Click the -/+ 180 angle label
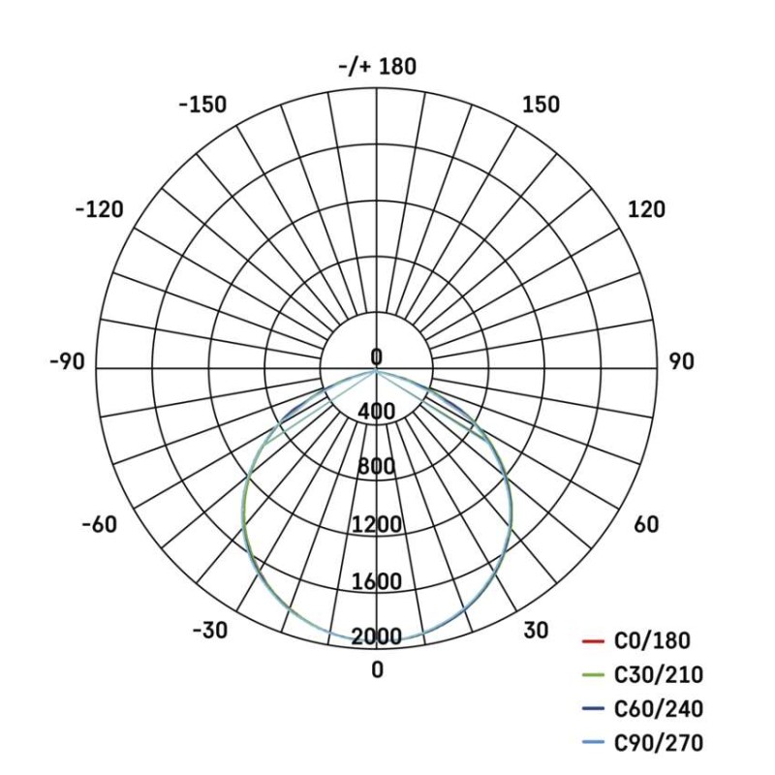377,66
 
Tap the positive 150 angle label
540,105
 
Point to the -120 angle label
99,209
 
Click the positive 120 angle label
647,209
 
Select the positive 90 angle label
681,361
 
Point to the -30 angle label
209,631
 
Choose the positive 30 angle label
536,631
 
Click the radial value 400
376,412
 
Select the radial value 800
376,467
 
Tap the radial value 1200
376,525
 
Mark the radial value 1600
376,582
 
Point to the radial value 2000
376,636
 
